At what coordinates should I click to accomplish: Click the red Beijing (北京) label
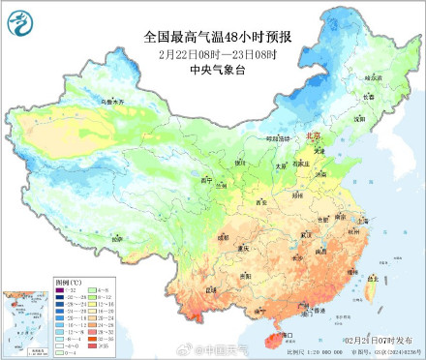pos(313,137)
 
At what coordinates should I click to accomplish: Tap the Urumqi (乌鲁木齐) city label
pos(88,101)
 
